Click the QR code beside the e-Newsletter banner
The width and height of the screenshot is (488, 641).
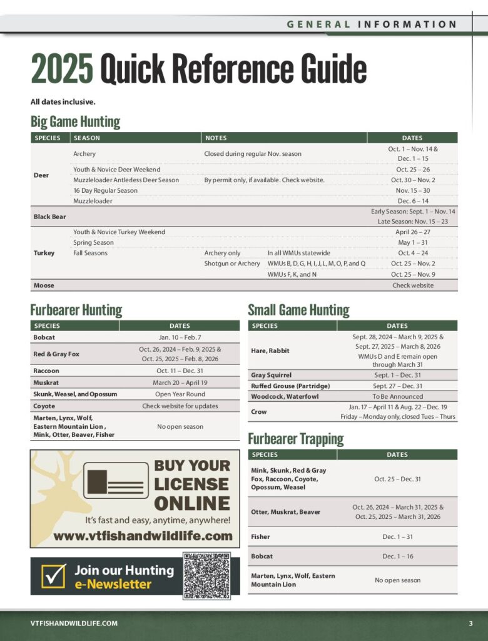coord(206,576)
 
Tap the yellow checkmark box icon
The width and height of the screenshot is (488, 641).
coord(53,576)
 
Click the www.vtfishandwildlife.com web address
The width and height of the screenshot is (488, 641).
coord(143,536)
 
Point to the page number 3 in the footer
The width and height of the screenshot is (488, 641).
coord(470,623)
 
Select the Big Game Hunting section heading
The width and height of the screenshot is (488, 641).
coord(75,121)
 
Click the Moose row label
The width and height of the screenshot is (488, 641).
coord(44,285)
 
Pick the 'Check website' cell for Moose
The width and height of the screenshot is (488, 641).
coord(412,285)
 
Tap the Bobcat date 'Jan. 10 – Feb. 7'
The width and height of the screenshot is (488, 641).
coord(179,337)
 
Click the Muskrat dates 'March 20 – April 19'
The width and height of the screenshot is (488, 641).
coord(179,382)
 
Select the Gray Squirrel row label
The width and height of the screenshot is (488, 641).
coord(272,375)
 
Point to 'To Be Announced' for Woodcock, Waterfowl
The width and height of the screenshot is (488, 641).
coord(397,396)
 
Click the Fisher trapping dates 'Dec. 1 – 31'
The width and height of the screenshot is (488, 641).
coord(397,536)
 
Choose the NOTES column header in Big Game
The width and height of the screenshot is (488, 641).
coord(216,138)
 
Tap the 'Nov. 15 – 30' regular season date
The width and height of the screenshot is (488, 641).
coord(412,190)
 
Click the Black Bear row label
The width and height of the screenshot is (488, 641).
coord(49,217)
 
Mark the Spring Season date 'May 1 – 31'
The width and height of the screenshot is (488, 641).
coord(412,242)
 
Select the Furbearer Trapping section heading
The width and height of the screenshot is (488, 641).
coord(295,439)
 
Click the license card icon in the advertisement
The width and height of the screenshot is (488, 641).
coord(116,480)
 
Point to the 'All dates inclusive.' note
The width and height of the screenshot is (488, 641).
coord(63,101)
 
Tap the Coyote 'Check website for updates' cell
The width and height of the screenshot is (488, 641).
coord(179,406)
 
